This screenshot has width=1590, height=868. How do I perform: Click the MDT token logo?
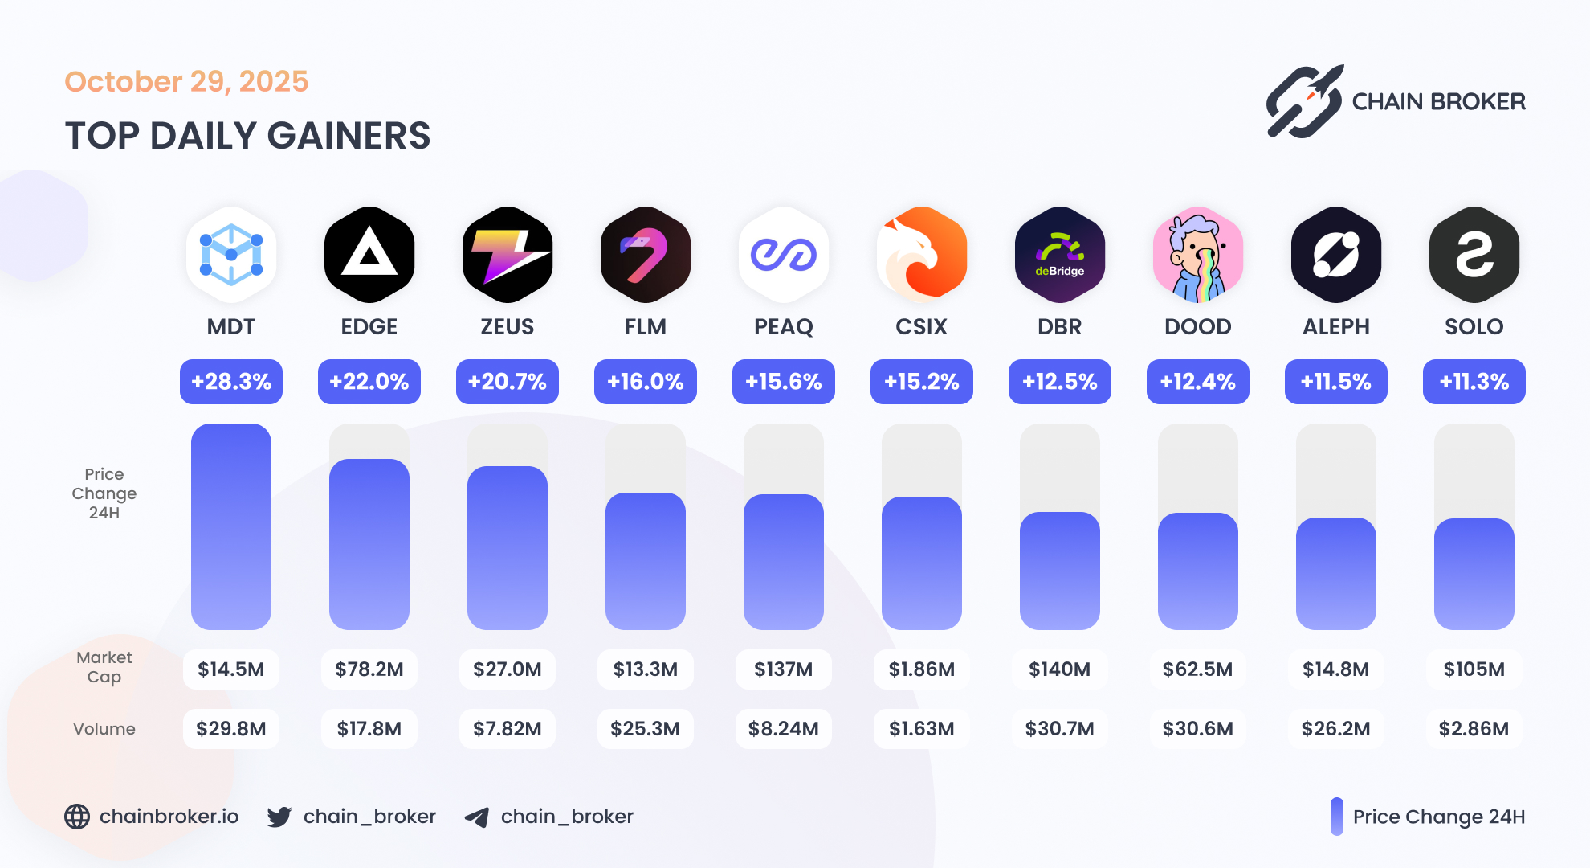(231, 255)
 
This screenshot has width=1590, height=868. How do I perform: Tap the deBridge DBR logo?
(1060, 255)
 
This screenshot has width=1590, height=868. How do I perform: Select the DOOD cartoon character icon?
(1198, 255)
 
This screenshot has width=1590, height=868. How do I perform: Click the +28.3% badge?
(231, 382)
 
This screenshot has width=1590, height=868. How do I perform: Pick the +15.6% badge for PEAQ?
(784, 382)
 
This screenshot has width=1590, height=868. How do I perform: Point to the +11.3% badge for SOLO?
(1474, 382)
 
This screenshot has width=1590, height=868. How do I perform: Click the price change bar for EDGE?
(369, 544)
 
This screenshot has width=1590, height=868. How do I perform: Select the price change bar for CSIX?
(922, 563)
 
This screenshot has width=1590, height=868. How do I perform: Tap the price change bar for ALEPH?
(1336, 573)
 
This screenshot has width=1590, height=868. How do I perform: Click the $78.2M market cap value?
(369, 669)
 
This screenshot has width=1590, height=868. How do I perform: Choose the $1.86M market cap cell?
(922, 669)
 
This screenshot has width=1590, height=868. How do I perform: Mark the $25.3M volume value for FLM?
(646, 729)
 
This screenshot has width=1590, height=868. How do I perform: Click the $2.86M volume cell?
(1474, 729)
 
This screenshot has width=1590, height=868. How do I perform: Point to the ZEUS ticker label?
(508, 327)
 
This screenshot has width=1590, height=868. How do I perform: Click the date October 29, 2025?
(186, 82)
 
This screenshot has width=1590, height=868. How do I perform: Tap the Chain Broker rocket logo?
(1305, 101)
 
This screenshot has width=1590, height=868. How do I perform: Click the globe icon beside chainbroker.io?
(77, 817)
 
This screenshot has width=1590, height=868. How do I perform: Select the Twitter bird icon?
(279, 817)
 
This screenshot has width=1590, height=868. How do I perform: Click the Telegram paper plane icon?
(477, 817)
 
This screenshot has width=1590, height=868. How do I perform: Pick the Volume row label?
(104, 729)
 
